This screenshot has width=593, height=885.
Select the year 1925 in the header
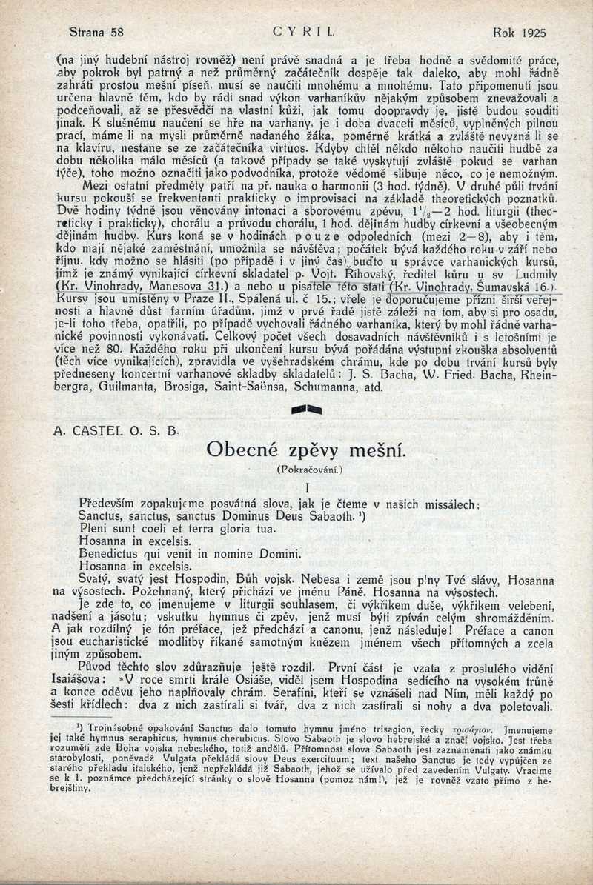point(531,33)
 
